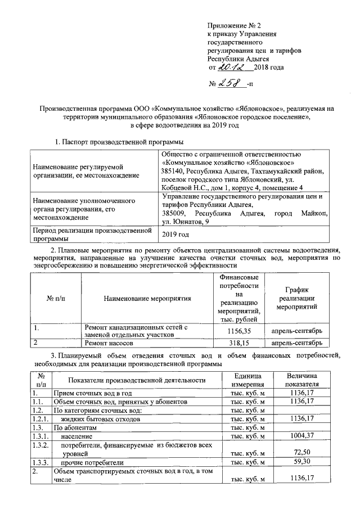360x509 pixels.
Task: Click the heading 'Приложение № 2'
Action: pos(235,26)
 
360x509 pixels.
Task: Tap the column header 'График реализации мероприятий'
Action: pos(296,298)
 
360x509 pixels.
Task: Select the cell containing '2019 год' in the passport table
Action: pos(175,234)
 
